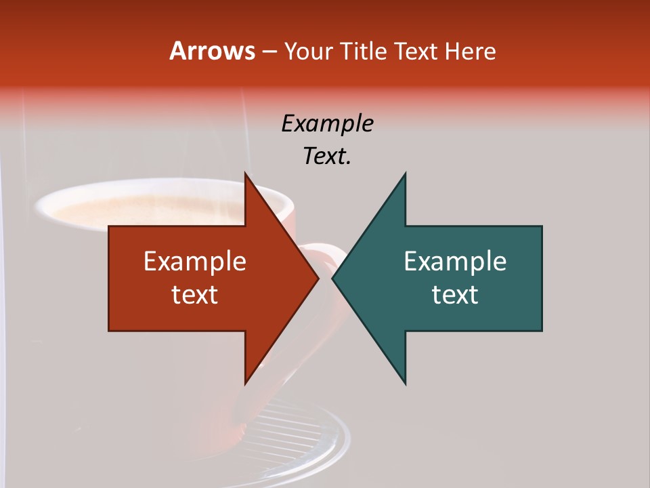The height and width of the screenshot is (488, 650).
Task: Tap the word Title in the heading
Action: [x=364, y=52]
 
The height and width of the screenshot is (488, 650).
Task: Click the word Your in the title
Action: [x=307, y=52]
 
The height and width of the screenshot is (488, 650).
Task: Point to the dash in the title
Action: [x=269, y=52]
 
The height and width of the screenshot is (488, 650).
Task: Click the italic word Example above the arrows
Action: [x=327, y=123]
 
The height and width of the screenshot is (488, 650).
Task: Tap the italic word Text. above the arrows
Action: [x=327, y=157]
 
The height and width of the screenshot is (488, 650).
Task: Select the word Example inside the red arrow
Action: [x=195, y=262]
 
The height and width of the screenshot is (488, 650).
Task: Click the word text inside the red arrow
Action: [x=195, y=295]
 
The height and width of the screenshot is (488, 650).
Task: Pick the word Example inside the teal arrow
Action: [x=455, y=262]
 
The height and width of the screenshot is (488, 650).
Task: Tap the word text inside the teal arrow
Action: [x=455, y=295]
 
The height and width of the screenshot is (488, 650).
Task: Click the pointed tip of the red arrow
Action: [x=318, y=278]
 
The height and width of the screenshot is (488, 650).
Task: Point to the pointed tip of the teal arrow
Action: [x=332, y=278]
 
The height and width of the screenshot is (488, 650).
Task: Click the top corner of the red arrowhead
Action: [x=245, y=174]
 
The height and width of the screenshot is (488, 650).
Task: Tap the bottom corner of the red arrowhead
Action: [x=245, y=384]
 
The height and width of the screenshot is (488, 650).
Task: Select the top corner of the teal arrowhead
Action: [x=405, y=174]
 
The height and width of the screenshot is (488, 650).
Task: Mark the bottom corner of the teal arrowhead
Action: [x=405, y=384]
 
